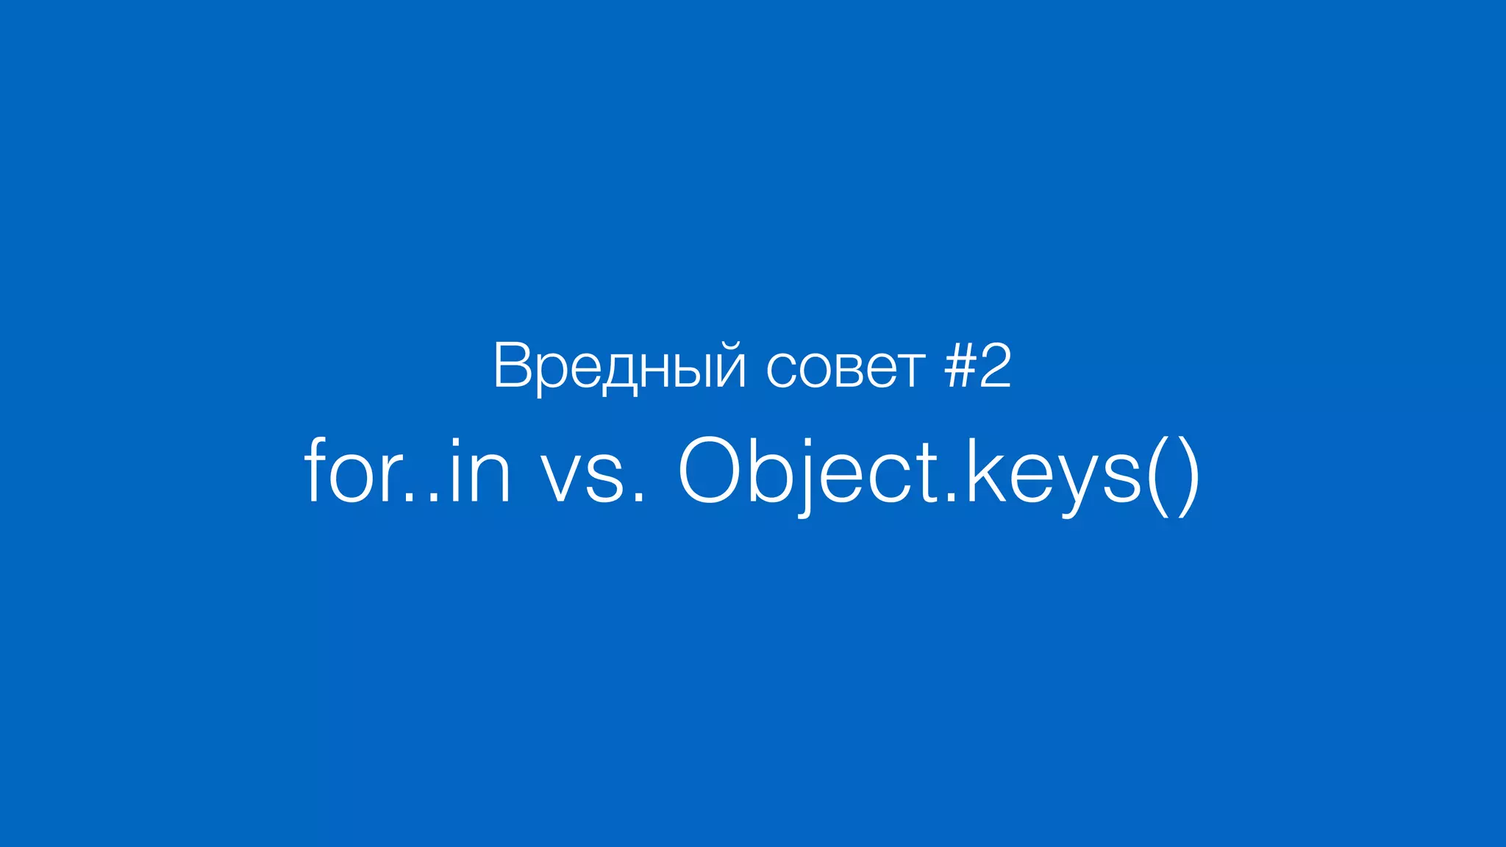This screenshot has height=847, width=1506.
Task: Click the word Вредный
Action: point(620,366)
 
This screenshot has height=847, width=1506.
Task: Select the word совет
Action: point(845,368)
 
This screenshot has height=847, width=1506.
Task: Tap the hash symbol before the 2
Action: point(959,366)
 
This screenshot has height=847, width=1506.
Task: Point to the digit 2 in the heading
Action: point(995,365)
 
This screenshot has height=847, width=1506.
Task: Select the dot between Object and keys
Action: point(952,498)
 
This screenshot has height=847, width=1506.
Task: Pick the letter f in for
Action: point(315,471)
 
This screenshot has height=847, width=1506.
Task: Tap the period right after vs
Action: point(638,498)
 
